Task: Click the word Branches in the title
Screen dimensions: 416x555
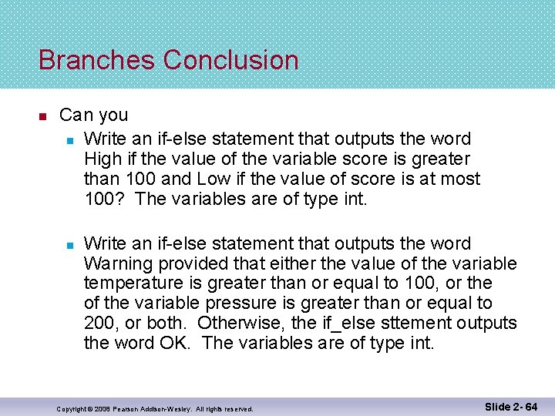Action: click(x=97, y=60)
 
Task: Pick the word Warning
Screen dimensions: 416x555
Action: click(x=114, y=263)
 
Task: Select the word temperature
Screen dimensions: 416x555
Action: click(x=133, y=283)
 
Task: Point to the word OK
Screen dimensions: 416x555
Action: click(x=174, y=344)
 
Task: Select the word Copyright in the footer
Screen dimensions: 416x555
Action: click(x=72, y=408)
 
